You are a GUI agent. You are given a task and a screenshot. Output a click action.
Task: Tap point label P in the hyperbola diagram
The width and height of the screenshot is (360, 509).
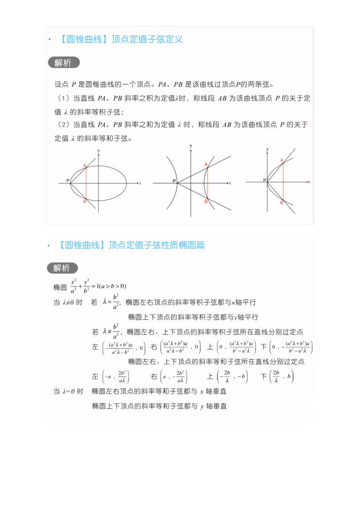174,181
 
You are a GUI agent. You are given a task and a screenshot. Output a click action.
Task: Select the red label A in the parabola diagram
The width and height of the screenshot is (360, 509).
281,161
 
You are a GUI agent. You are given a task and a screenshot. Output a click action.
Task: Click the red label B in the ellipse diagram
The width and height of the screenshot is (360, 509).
85,201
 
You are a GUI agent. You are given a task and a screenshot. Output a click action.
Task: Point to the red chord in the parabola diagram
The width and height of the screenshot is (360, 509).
284,181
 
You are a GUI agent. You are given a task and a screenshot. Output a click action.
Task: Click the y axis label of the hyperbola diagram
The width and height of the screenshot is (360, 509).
191,145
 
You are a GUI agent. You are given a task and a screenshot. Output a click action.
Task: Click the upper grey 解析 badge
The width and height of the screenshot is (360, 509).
63,63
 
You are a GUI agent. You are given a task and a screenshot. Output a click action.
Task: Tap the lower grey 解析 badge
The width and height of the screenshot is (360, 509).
62,268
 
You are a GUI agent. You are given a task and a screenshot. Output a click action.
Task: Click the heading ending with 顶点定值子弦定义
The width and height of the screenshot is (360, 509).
121,39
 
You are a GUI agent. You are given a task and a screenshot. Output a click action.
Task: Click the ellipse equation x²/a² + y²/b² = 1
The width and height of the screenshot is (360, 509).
98,286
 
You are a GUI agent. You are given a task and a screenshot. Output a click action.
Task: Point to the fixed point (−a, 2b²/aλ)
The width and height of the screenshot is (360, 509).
116,377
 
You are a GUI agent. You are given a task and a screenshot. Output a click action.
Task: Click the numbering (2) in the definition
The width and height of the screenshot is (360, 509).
63,125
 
